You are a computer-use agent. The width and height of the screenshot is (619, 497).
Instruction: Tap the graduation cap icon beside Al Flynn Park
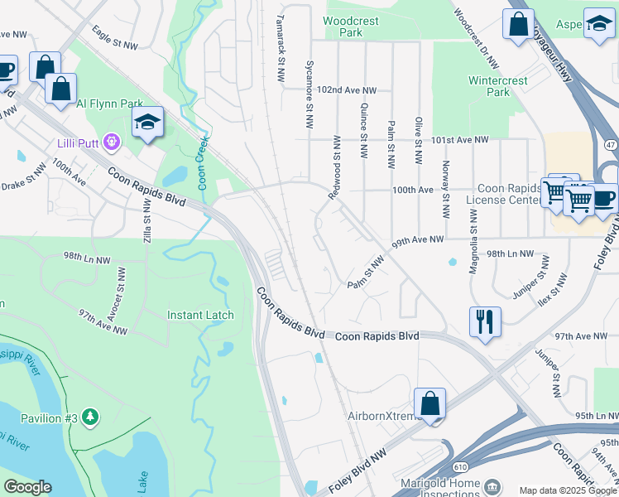[x=147, y=123]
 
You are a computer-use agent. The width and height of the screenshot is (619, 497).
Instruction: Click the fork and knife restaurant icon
[x=484, y=320]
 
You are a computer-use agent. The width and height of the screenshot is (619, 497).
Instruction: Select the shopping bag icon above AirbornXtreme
[x=429, y=404]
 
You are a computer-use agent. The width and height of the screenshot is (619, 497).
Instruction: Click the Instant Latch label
[x=200, y=315]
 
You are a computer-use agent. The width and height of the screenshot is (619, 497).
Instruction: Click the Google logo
[x=26, y=487]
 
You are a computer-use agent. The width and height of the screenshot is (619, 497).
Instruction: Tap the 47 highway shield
[x=610, y=144]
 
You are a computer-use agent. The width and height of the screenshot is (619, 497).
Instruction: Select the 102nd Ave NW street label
[x=347, y=89]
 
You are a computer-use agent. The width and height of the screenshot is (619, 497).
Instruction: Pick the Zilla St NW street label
[x=147, y=227]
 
